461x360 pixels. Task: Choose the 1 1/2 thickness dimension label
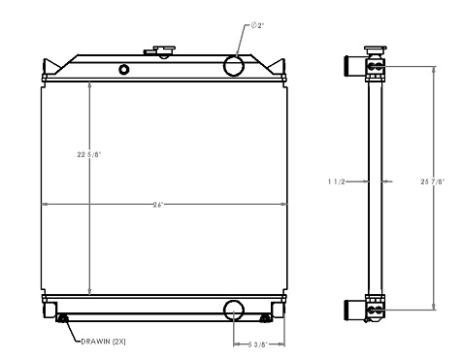pyautogui.click(x=337, y=180)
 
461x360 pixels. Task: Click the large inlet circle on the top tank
pyautogui.click(x=235, y=65)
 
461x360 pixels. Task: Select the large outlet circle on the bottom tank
pyautogui.click(x=235, y=310)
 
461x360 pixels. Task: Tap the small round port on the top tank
pyautogui.click(x=123, y=69)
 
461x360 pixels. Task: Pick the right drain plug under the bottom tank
pyautogui.click(x=266, y=318)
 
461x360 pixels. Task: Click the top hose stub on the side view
pyautogui.click(x=353, y=67)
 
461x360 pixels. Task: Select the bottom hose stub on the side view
pyautogui.click(x=353, y=310)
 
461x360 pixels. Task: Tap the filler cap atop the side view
pyautogui.click(x=374, y=49)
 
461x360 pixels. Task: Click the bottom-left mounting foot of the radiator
pyautogui.click(x=48, y=310)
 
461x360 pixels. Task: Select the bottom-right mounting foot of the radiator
pyautogui.click(x=280, y=310)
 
